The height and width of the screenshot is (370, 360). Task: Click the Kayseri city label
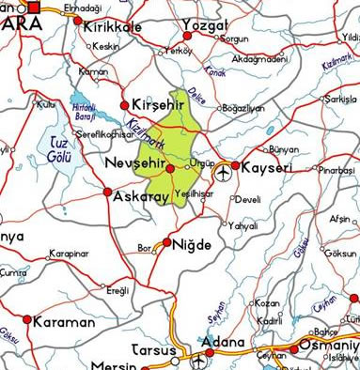(x=268, y=167)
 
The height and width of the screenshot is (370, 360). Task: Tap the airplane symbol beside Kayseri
(x=223, y=172)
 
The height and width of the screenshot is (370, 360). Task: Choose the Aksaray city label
(x=139, y=198)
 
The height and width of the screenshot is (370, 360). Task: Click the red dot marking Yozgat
(x=187, y=37)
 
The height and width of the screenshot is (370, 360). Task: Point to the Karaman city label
(x=64, y=321)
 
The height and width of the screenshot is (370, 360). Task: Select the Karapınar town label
(x=69, y=254)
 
